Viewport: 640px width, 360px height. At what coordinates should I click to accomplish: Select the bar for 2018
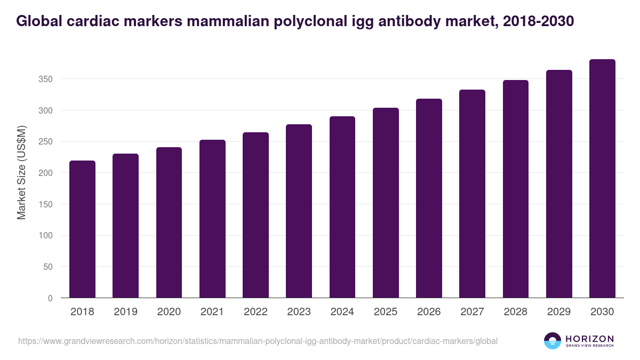pyautogui.click(x=82, y=229)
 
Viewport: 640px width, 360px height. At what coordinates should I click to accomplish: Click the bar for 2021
pyautogui.click(x=212, y=219)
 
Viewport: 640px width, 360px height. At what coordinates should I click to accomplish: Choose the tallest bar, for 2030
pyautogui.click(x=602, y=179)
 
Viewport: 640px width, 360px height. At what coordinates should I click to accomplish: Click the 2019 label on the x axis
pyautogui.click(x=125, y=312)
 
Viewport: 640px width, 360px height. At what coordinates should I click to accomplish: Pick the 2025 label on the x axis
pyautogui.click(x=386, y=312)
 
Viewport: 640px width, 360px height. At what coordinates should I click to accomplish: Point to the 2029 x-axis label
pyautogui.click(x=559, y=312)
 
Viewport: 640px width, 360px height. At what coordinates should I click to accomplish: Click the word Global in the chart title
pyautogui.click(x=40, y=21)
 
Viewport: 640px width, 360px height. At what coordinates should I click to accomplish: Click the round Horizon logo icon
pyautogui.click(x=553, y=341)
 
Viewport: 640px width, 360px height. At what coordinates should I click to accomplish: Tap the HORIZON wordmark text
pyautogui.click(x=589, y=339)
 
